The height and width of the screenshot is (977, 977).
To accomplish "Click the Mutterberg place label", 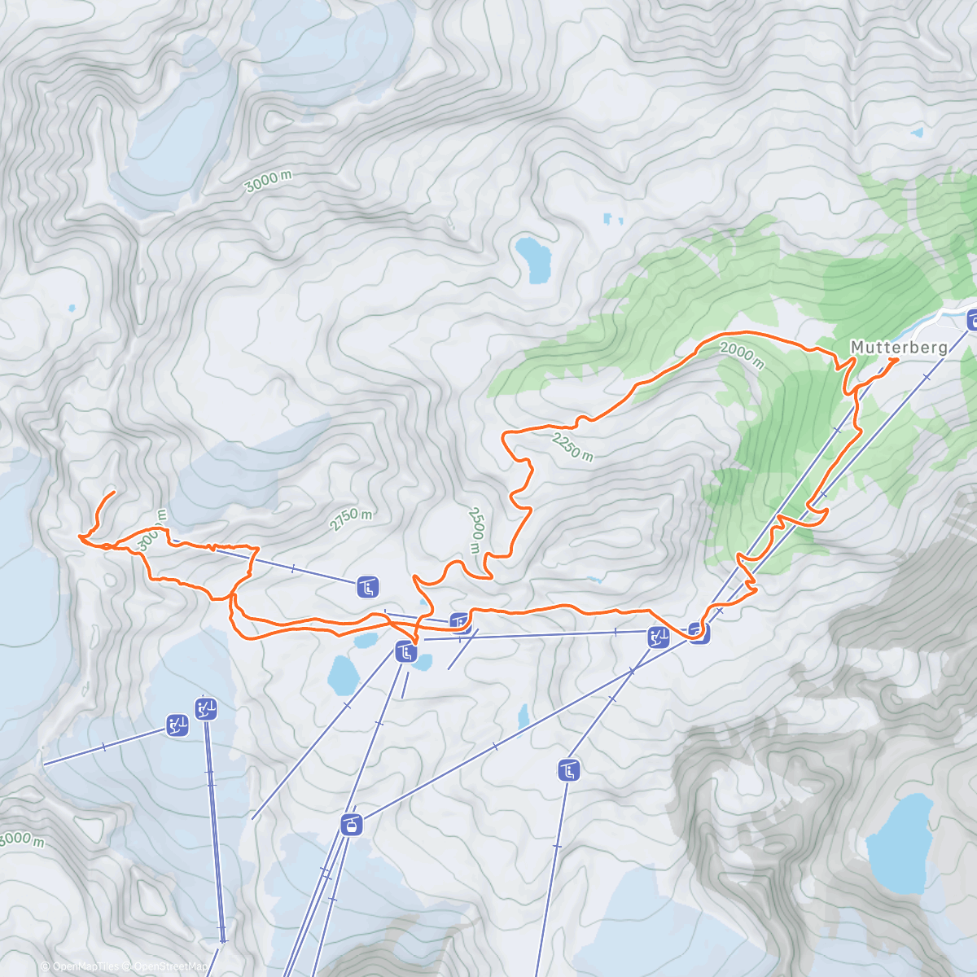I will click(898, 348).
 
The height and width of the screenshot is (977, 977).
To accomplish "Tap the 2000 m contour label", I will click(742, 355).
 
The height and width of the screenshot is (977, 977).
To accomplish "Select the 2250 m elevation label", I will click(572, 446).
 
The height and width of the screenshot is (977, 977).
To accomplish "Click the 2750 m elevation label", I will click(351, 519).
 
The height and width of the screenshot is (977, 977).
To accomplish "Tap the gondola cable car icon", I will click(351, 825).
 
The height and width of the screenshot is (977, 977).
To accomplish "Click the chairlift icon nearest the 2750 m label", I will click(368, 586).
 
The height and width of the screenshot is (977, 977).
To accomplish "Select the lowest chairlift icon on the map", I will click(568, 769).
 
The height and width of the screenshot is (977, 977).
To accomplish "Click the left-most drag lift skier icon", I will click(177, 725).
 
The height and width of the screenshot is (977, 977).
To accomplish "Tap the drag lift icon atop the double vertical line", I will click(206, 708).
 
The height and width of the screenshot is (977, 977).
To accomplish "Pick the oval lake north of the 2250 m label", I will click(532, 258).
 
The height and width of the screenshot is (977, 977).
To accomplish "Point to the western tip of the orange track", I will click(80, 536).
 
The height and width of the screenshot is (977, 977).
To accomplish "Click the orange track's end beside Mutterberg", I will click(896, 359).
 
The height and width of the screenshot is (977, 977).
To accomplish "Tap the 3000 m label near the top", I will click(268, 182).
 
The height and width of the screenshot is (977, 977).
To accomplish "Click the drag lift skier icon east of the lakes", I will click(658, 637).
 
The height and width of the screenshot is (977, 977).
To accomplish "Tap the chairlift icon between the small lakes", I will click(405, 651).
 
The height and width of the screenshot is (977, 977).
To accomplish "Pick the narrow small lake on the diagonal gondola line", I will click(524, 716).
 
